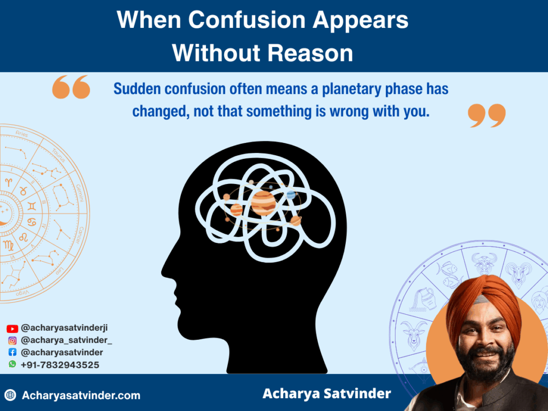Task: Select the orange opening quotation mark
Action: tap(71, 87)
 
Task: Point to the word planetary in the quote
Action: tap(346, 89)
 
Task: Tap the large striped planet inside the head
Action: tap(263, 203)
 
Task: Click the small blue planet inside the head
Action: tap(291, 195)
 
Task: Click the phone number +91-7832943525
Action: tap(60, 364)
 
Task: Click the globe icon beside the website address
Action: tap(10, 395)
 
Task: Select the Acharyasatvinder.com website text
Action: tap(81, 395)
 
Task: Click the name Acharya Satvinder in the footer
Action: tap(326, 394)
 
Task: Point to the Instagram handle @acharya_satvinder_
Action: tap(66, 340)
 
